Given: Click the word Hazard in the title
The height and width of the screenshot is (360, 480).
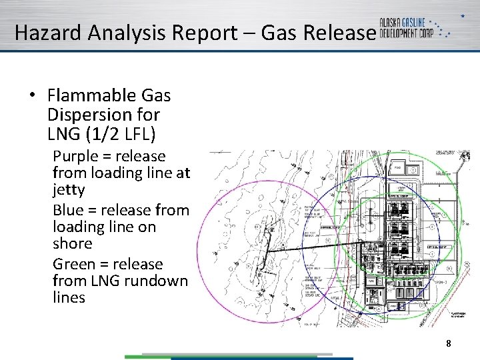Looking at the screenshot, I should [43, 33].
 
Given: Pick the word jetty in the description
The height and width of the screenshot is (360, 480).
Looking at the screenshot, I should [69, 191].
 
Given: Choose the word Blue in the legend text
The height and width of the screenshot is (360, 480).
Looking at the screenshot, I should [68, 211].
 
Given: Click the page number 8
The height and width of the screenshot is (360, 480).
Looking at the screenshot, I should [449, 343].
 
